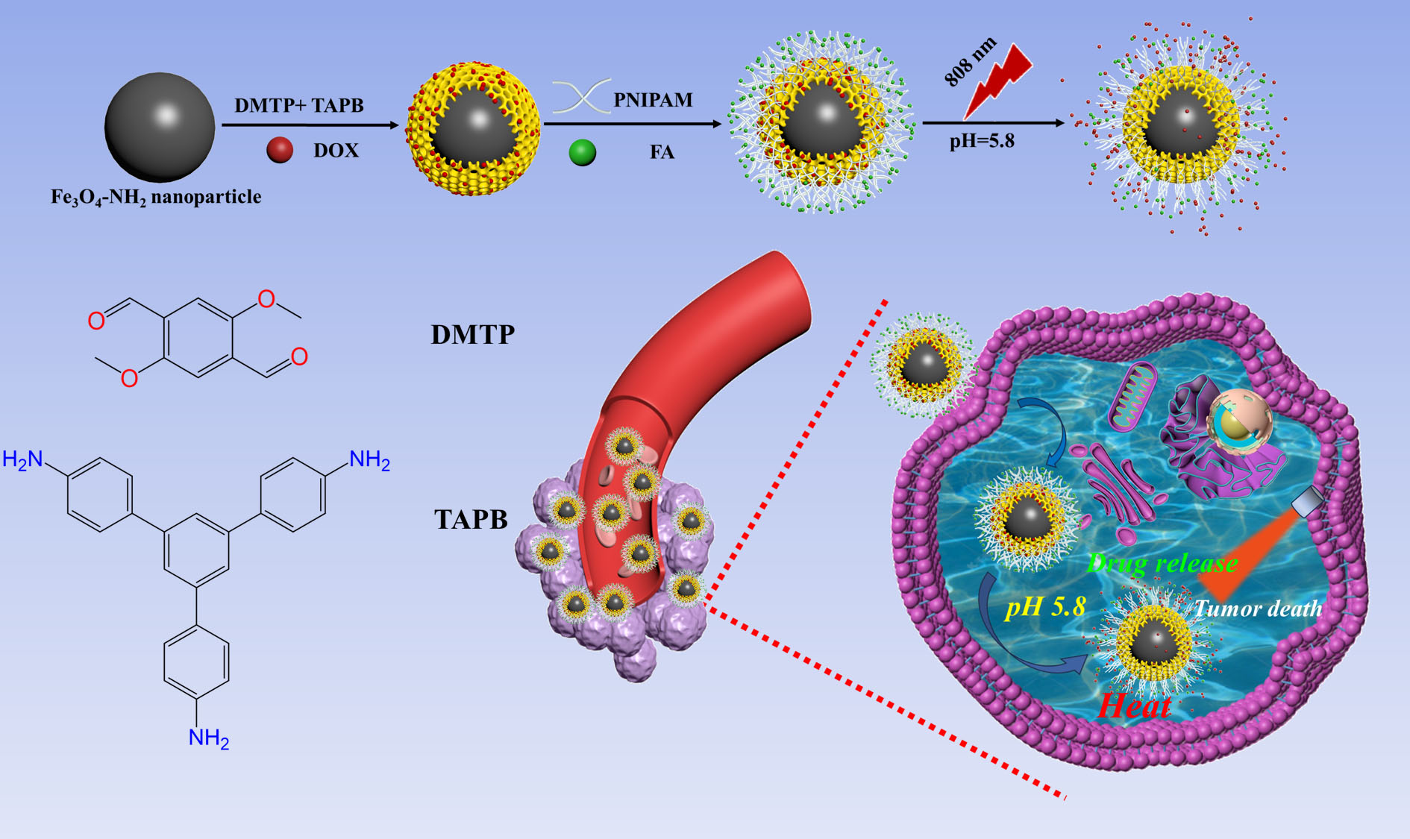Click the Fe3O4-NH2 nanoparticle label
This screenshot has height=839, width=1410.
pyautogui.click(x=156, y=197)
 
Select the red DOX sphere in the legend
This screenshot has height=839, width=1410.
pyautogui.click(x=280, y=150)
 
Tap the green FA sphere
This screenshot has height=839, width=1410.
pyautogui.click(x=582, y=152)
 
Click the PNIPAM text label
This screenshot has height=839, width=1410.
pyautogui.click(x=653, y=100)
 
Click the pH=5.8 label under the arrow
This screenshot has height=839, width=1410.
pyautogui.click(x=982, y=141)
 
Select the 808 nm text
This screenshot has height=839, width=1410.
pyautogui.click(x=969, y=61)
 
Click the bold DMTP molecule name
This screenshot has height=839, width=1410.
pyautogui.click(x=472, y=334)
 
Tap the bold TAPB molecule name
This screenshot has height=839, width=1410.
pyautogui.click(x=471, y=519)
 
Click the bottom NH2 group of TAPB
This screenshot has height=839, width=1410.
pyautogui.click(x=208, y=738)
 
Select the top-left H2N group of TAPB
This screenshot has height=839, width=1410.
pyautogui.click(x=22, y=459)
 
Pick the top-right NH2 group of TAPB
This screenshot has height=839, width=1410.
pyautogui.click(x=369, y=459)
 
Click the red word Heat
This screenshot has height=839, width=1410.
pyautogui.click(x=1134, y=706)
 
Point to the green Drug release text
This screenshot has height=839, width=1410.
pyautogui.click(x=1162, y=562)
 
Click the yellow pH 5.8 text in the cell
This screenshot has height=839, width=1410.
pyautogui.click(x=1045, y=606)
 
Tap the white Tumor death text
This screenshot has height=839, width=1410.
pyautogui.click(x=1258, y=609)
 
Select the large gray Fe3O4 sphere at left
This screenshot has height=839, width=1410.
pyautogui.click(x=160, y=127)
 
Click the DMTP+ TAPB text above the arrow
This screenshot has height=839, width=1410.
pyautogui.click(x=299, y=105)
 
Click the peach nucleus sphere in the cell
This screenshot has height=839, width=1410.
pyautogui.click(x=1239, y=422)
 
